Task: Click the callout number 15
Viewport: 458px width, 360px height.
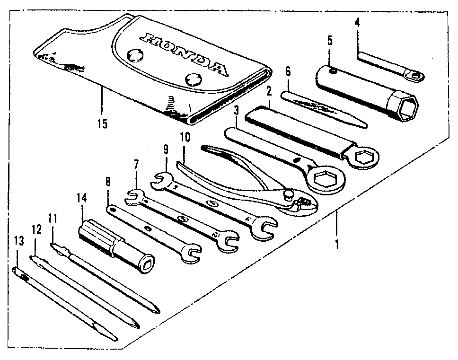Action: point(102,124)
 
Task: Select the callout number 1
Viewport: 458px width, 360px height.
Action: point(337,245)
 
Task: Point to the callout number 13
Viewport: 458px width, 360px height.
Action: point(18,242)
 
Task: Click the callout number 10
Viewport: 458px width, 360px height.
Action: point(185,138)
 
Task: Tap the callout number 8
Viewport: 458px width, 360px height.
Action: point(108,181)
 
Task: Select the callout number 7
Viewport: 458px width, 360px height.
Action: point(136,165)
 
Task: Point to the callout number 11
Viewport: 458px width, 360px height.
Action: point(53,219)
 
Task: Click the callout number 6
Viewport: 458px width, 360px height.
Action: point(287,72)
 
